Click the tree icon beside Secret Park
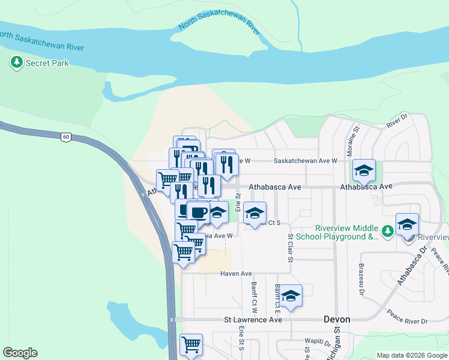[x=16, y=62]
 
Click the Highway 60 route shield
[x=65, y=137]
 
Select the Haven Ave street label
[x=236, y=274]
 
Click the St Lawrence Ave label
[x=253, y=320]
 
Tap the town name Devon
[x=336, y=320]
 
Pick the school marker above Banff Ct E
[x=291, y=296]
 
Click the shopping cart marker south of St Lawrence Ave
[x=191, y=345]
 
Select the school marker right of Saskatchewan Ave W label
[x=363, y=171]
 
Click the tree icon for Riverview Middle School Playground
[x=388, y=230]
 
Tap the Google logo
[x=20, y=353]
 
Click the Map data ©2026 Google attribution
[x=411, y=355]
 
